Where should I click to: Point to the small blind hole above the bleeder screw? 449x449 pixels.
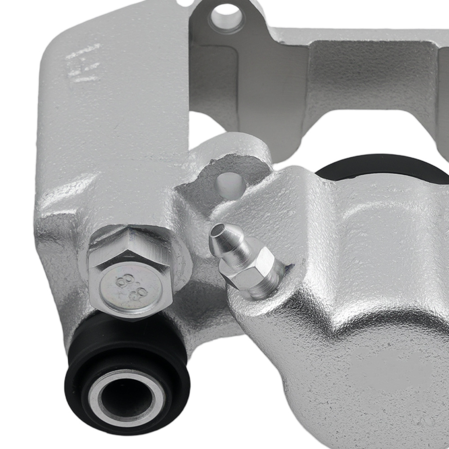(x=231, y=182)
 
